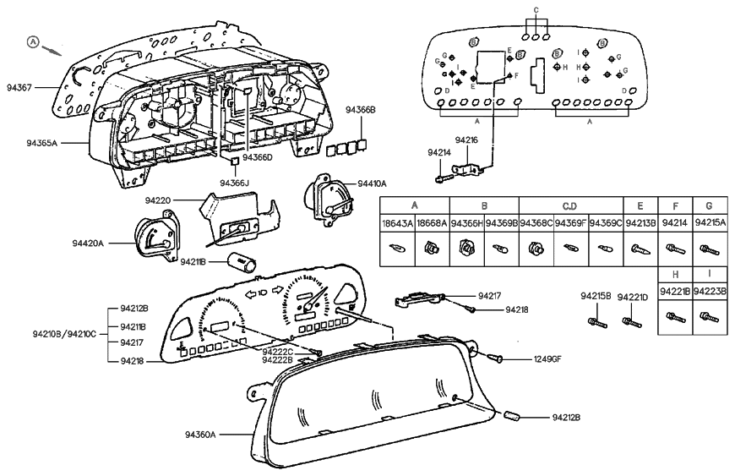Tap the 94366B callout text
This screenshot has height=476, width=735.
361,110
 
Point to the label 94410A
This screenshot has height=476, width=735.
372,183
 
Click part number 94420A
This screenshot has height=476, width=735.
89,243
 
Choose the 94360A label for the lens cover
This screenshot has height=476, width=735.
201,435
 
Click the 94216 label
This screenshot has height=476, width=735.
466,140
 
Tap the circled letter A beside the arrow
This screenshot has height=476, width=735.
33,41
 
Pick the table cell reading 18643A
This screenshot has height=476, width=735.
398,223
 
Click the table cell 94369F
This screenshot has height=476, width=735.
571,223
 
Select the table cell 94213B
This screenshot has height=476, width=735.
640,223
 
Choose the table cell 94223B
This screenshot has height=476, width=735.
710,292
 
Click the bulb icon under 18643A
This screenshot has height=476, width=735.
398,249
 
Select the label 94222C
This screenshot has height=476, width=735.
277,351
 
